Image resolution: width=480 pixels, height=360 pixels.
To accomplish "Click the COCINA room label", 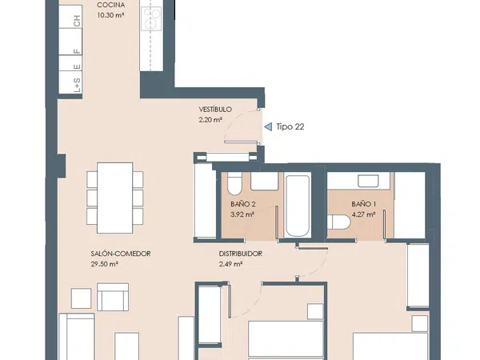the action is click(111, 5).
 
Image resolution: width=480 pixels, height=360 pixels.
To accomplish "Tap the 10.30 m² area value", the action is click(111, 15).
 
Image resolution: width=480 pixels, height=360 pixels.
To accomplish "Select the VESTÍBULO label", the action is click(215, 110).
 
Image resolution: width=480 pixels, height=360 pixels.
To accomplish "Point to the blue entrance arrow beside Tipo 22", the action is click(268, 126).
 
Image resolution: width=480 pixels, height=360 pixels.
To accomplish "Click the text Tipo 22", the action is click(290, 126).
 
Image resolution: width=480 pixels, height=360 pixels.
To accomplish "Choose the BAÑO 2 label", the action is click(243, 204).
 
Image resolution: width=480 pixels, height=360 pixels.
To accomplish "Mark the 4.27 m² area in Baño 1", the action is click(364, 214).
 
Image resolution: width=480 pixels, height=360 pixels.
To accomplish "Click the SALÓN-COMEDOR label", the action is click(121, 254).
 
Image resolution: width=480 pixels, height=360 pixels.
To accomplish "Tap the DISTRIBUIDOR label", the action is click(241, 254).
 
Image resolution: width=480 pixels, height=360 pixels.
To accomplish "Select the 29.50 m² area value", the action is click(105, 264).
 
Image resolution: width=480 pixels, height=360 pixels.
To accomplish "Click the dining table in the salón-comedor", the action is click(114, 198).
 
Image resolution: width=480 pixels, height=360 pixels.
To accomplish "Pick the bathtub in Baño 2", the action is click(297, 205).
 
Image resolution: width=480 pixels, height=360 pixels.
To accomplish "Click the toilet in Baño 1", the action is click(338, 222).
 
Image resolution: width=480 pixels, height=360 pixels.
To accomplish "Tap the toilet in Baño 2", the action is click(234, 183).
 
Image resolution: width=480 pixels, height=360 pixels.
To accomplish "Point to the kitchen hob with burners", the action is click(151, 19).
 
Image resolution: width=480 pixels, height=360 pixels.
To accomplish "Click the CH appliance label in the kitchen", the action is click(77, 21).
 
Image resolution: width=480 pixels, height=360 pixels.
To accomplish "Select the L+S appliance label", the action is click(77, 85).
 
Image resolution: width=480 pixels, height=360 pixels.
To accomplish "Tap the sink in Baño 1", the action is click(369, 181).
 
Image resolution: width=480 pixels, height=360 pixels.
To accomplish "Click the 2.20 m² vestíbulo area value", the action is click(210, 120).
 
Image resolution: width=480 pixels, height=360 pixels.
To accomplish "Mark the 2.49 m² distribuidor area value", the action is click(231, 264).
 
